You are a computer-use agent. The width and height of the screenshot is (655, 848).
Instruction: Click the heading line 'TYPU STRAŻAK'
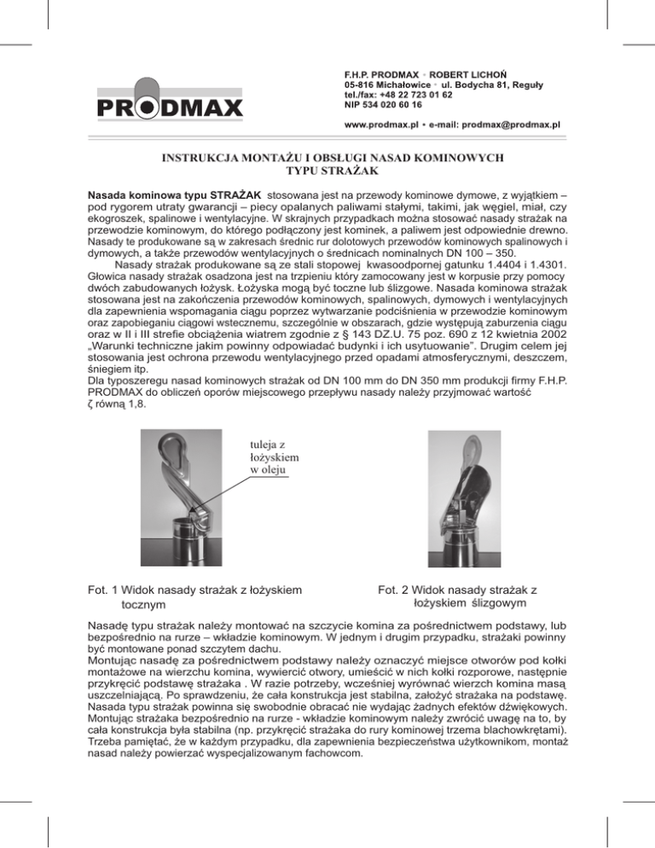tap(327, 170)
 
